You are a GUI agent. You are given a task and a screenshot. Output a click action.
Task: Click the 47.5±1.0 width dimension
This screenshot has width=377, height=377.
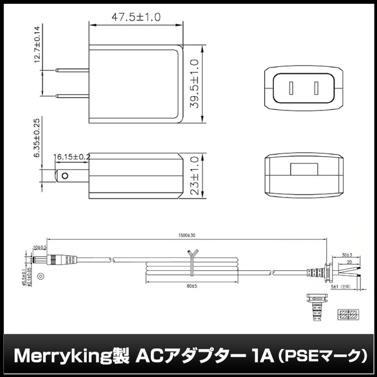136,17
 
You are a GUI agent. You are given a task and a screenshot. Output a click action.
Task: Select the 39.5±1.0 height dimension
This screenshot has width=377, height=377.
194,84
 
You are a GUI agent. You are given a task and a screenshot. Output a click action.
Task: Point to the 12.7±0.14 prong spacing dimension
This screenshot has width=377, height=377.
38,46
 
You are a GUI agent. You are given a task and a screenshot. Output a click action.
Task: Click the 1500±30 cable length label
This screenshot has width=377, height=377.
187,236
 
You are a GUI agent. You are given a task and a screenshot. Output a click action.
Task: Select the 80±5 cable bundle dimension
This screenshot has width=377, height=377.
190,286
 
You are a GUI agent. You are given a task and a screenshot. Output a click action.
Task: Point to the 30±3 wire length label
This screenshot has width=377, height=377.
346,255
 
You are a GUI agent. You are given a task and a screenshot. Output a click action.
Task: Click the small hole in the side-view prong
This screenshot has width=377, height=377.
66,176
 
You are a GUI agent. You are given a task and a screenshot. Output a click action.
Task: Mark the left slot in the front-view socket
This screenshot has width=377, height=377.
292,87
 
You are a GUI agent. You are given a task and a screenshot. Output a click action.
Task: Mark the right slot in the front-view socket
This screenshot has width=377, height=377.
314,87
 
